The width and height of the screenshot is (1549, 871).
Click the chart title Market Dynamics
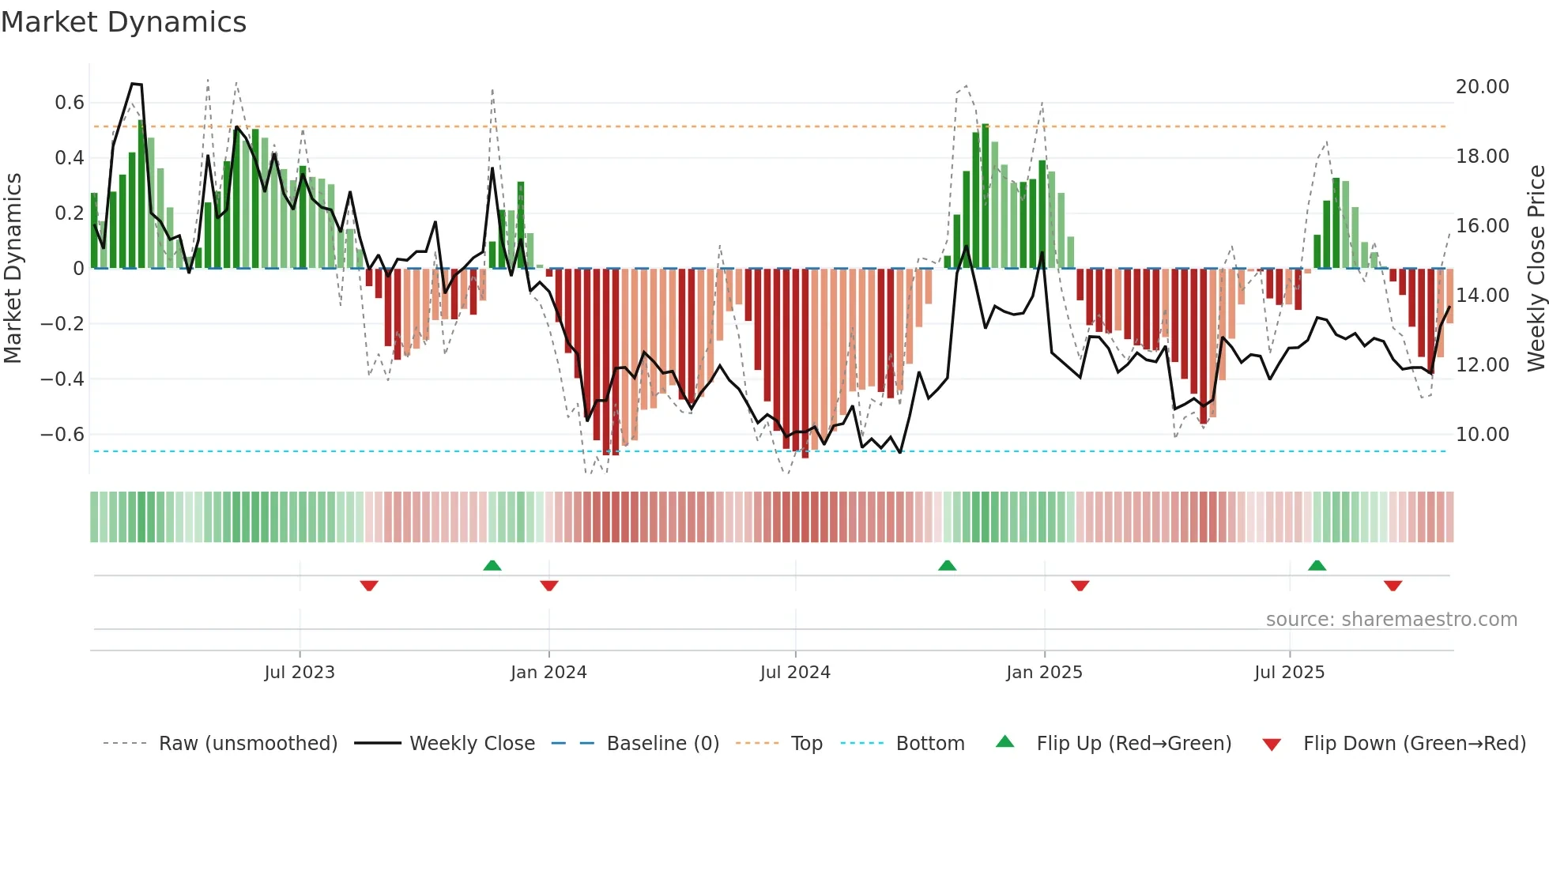click(123, 22)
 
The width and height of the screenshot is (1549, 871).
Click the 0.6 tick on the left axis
click(70, 103)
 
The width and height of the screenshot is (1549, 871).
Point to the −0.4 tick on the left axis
click(62, 379)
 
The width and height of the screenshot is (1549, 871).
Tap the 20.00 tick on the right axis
click(1482, 87)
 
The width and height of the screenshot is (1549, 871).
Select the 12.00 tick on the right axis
click(1482, 365)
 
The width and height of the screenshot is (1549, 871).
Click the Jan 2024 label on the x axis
click(548, 673)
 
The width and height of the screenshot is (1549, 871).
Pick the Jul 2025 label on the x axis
click(1289, 673)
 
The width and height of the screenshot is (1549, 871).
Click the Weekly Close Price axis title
click(1536, 269)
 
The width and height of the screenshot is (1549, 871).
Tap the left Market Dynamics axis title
click(13, 269)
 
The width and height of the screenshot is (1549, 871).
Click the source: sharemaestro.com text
click(1391, 620)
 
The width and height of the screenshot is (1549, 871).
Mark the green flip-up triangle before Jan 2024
click(492, 565)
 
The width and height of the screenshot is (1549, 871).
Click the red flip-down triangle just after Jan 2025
click(1080, 586)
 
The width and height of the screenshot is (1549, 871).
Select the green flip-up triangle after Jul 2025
click(1317, 565)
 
